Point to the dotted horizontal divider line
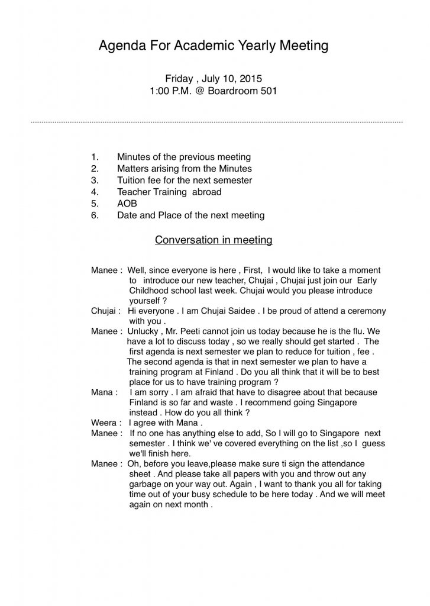coord(216,123)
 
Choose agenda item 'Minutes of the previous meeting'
coord(184,157)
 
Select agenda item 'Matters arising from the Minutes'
coord(184,169)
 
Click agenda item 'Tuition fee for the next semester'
coord(184,180)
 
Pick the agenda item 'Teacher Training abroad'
coord(169,192)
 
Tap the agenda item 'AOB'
coord(127,204)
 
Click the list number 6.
coord(94,215)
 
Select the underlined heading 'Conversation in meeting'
coord(213,240)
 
